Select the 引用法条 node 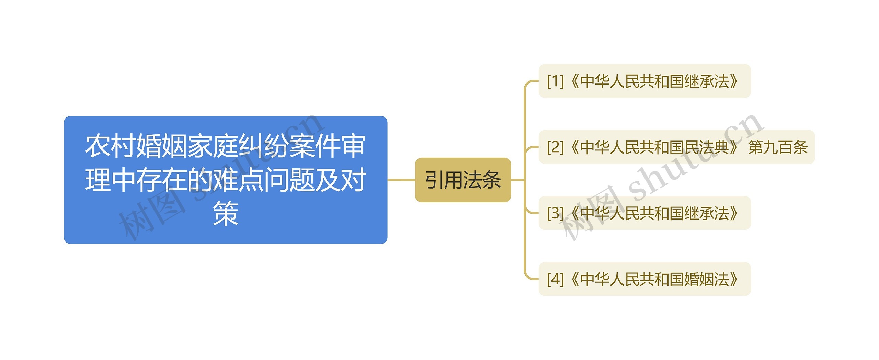point(463,180)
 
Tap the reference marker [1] point(555,81)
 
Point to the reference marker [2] point(555,147)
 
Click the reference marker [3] point(555,213)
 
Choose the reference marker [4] point(555,279)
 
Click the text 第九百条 point(778,147)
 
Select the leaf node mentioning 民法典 point(676,147)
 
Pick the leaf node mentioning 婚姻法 point(644,279)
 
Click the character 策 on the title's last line point(225,214)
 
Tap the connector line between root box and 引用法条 point(401,180)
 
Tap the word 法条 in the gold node point(482,180)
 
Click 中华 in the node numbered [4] point(595,279)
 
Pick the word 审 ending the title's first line point(353,146)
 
